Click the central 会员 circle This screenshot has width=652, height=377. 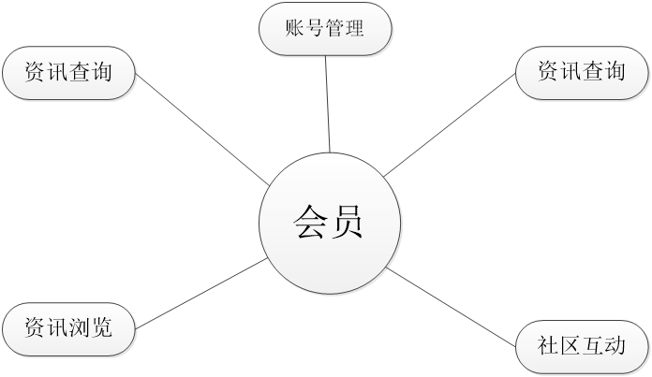point(329,225)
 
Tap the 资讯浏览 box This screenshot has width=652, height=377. point(67,328)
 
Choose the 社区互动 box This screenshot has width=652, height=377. point(582,347)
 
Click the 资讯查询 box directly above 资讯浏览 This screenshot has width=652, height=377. point(67,72)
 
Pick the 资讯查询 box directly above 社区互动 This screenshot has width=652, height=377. point(582,72)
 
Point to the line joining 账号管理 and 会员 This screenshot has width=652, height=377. point(327,103)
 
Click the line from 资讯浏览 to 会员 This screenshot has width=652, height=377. point(201,294)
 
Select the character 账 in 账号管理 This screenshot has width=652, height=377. point(294,28)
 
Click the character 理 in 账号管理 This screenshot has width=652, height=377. point(353,28)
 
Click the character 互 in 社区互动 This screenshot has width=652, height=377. point(593,347)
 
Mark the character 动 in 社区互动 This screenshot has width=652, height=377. point(615,347)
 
